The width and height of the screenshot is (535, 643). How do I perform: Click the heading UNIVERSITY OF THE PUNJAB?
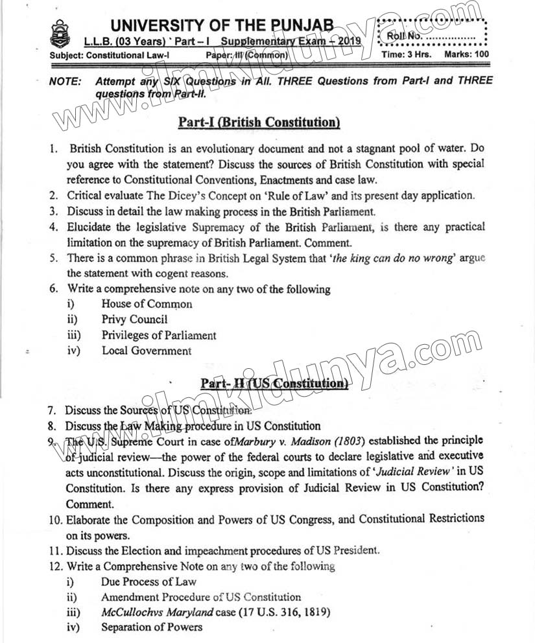pyautogui.click(x=222, y=25)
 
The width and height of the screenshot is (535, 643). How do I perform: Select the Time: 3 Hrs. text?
pyautogui.click(x=406, y=54)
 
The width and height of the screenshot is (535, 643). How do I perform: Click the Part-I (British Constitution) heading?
pyautogui.click(x=259, y=123)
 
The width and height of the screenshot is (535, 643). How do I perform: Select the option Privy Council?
pyautogui.click(x=134, y=320)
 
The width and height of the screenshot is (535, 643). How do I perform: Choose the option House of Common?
pyautogui.click(x=147, y=304)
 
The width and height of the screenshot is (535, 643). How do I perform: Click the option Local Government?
pyautogui.click(x=146, y=351)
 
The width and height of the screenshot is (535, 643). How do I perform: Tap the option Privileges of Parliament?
pyautogui.click(x=158, y=335)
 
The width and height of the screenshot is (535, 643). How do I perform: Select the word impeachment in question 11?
pyautogui.click(x=211, y=550)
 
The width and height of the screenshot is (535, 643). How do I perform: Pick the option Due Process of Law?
pyautogui.click(x=149, y=581)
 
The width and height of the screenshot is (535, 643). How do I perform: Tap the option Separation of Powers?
pyautogui.click(x=151, y=627)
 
